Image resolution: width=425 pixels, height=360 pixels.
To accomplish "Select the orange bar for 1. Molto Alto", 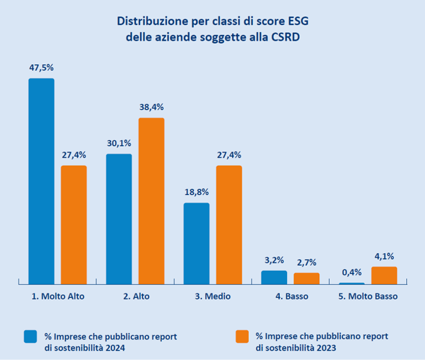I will point(74,224).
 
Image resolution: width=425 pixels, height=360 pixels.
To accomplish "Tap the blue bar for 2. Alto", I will point(119,219).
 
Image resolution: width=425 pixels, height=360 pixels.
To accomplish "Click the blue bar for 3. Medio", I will point(196,243).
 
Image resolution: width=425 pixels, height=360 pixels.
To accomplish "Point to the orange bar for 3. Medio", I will point(229,224).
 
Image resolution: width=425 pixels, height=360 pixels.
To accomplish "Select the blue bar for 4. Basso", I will point(274,277).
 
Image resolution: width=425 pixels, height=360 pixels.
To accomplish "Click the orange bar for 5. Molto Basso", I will point(384,275).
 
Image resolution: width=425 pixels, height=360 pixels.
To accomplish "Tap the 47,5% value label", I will point(42,68).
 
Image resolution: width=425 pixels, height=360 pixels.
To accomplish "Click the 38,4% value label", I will point(151,107).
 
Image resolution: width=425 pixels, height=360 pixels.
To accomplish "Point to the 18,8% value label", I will point(196,192).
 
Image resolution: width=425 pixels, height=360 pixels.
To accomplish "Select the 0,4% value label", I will point(351,272).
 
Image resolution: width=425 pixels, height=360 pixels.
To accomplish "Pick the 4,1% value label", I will point(384,256).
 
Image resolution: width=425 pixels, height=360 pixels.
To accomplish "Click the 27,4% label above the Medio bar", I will point(229,155).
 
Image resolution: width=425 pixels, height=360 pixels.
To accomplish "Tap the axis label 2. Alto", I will point(136,297).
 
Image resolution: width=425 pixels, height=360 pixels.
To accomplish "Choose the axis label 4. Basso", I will point(291,297).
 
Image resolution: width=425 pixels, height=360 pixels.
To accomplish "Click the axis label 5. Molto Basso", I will point(368,297).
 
